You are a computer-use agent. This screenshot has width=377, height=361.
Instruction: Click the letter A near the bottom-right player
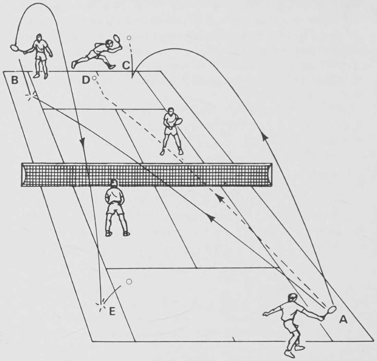pos(343,320)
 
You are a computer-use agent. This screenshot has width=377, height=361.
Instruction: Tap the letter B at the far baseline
pos(15,80)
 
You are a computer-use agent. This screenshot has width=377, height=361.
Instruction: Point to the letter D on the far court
pos(86,80)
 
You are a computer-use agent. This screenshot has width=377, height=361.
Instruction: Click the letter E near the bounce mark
pos(112,311)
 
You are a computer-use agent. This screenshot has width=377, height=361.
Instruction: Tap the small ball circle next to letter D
pos(94,78)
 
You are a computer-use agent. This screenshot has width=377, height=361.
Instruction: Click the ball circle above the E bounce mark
pos(129,282)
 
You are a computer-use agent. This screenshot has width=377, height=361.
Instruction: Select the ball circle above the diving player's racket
pos(129,38)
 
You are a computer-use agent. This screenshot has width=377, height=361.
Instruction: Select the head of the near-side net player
pos(113,184)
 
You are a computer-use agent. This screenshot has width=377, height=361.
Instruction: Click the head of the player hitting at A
pos(292,298)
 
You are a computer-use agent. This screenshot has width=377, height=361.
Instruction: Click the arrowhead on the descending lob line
pos(83,140)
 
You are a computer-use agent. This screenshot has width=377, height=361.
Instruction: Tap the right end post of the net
pos(270,175)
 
